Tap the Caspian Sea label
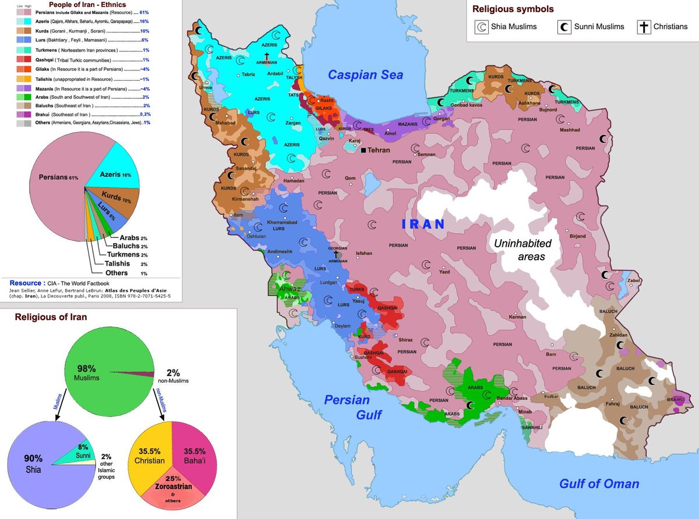click(x=365, y=74)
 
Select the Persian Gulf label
click(x=347, y=407)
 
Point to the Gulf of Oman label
click(x=599, y=484)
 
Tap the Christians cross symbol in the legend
click(x=644, y=27)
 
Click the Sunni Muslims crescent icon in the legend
click(x=564, y=27)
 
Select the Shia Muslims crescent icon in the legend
click(x=482, y=27)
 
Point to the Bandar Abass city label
click(x=512, y=399)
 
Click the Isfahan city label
click(x=363, y=253)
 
